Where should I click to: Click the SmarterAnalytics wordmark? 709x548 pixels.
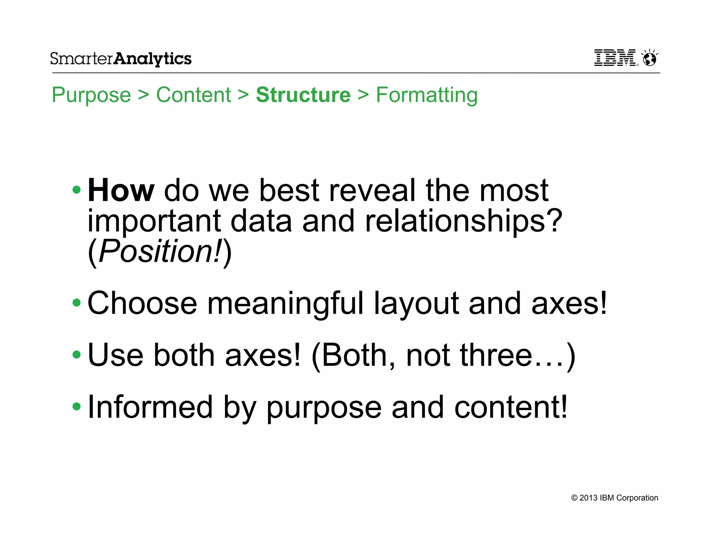120,59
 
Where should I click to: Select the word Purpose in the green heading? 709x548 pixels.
91,95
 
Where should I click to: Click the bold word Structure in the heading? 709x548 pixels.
303,95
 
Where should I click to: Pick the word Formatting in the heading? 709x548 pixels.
427,95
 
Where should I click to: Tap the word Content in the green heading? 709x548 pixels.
193,95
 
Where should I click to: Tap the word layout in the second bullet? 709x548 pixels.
416,303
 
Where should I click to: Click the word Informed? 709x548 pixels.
150,407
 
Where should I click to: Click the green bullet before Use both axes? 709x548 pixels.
77,355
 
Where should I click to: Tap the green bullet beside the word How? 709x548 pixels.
77,190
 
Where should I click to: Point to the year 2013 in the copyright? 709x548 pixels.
588,498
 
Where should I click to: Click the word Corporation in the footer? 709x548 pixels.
637,498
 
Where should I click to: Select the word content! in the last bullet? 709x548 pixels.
510,407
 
